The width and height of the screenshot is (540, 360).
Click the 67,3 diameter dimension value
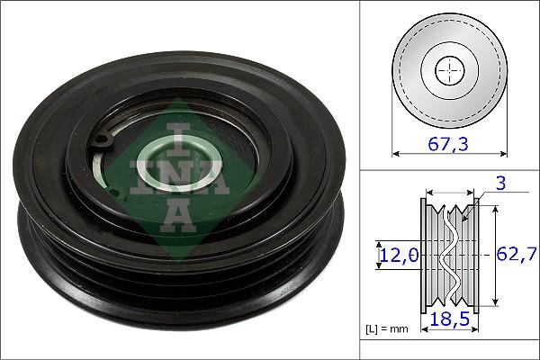click(446, 142)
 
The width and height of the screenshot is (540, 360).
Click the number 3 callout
click(503, 184)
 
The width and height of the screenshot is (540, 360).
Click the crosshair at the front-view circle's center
click(447, 70)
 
